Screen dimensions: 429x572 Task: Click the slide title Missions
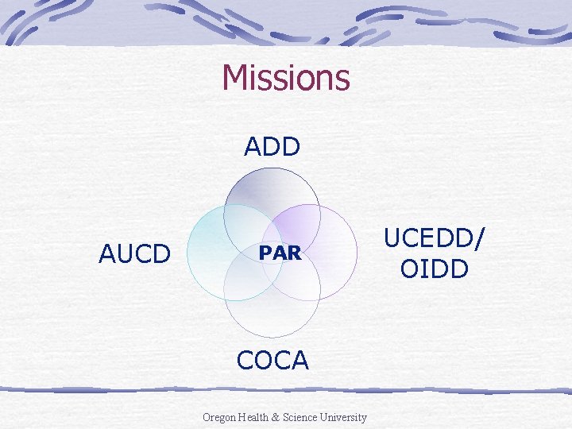[x=286, y=77]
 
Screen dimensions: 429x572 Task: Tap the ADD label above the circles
[x=272, y=147]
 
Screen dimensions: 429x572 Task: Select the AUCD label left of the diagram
[x=134, y=253]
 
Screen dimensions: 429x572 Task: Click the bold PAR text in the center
[x=280, y=253]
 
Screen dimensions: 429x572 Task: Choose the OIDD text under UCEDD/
[x=434, y=269]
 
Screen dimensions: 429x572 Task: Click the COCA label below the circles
[x=272, y=360]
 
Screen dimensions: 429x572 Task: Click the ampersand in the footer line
[x=279, y=417]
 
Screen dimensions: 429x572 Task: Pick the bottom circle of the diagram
[x=272, y=318]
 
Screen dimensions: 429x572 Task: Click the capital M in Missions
[x=234, y=77]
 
